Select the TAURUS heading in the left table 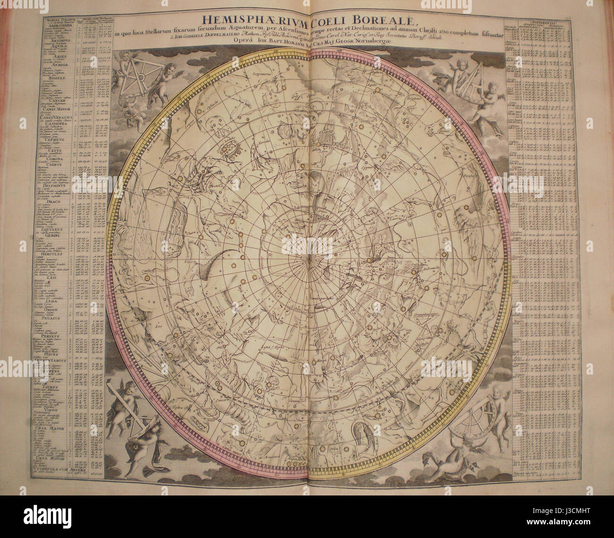point(55,385)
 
